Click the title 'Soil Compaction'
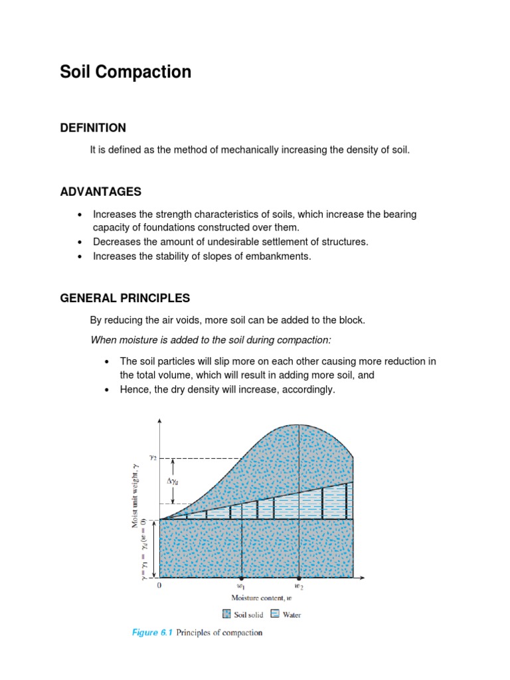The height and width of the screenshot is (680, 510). click(126, 72)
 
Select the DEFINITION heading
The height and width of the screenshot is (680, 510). click(93, 127)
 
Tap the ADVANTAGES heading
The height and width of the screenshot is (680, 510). click(100, 192)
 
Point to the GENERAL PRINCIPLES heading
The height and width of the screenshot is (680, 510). click(125, 297)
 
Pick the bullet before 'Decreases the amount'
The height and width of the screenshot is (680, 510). click(80, 242)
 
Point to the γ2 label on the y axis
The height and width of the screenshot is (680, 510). click(152, 458)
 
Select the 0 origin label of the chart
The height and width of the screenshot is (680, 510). click(159, 586)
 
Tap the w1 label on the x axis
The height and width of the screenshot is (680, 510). click(241, 587)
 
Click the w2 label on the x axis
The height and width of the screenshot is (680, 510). click(299, 587)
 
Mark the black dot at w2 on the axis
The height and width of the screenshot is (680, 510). click(299, 578)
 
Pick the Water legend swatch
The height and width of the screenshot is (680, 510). click(275, 614)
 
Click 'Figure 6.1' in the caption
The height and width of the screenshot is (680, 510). click(153, 633)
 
